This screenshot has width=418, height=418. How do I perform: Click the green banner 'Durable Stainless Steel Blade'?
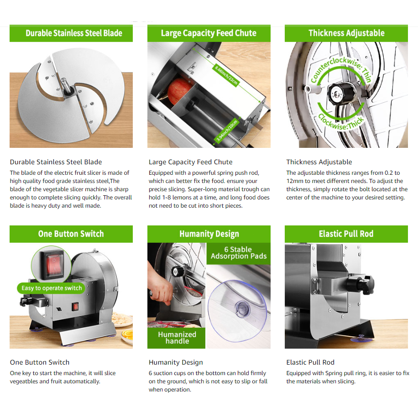(71, 33)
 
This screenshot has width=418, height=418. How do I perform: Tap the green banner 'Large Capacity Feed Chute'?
(209, 33)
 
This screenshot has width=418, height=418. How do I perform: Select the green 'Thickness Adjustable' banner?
(346, 33)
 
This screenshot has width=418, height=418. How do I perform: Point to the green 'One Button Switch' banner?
(71, 234)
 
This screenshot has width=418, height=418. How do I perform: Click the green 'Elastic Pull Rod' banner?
(346, 234)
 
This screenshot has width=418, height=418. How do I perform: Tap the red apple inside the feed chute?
(179, 91)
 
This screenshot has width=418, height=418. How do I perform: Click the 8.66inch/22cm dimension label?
(226, 75)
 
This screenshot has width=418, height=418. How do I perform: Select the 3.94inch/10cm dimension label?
(227, 131)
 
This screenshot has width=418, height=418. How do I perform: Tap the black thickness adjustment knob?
(341, 93)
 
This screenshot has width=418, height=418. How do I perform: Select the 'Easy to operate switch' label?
(52, 288)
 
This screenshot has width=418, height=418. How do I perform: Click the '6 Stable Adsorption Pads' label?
(239, 253)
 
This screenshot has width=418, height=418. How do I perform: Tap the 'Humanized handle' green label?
(177, 338)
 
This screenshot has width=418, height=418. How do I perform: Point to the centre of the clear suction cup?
(242, 310)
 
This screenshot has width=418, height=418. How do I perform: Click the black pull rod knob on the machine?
(360, 285)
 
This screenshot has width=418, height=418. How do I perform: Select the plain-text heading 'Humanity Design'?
(176, 362)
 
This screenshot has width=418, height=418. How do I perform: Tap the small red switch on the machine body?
(75, 307)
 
